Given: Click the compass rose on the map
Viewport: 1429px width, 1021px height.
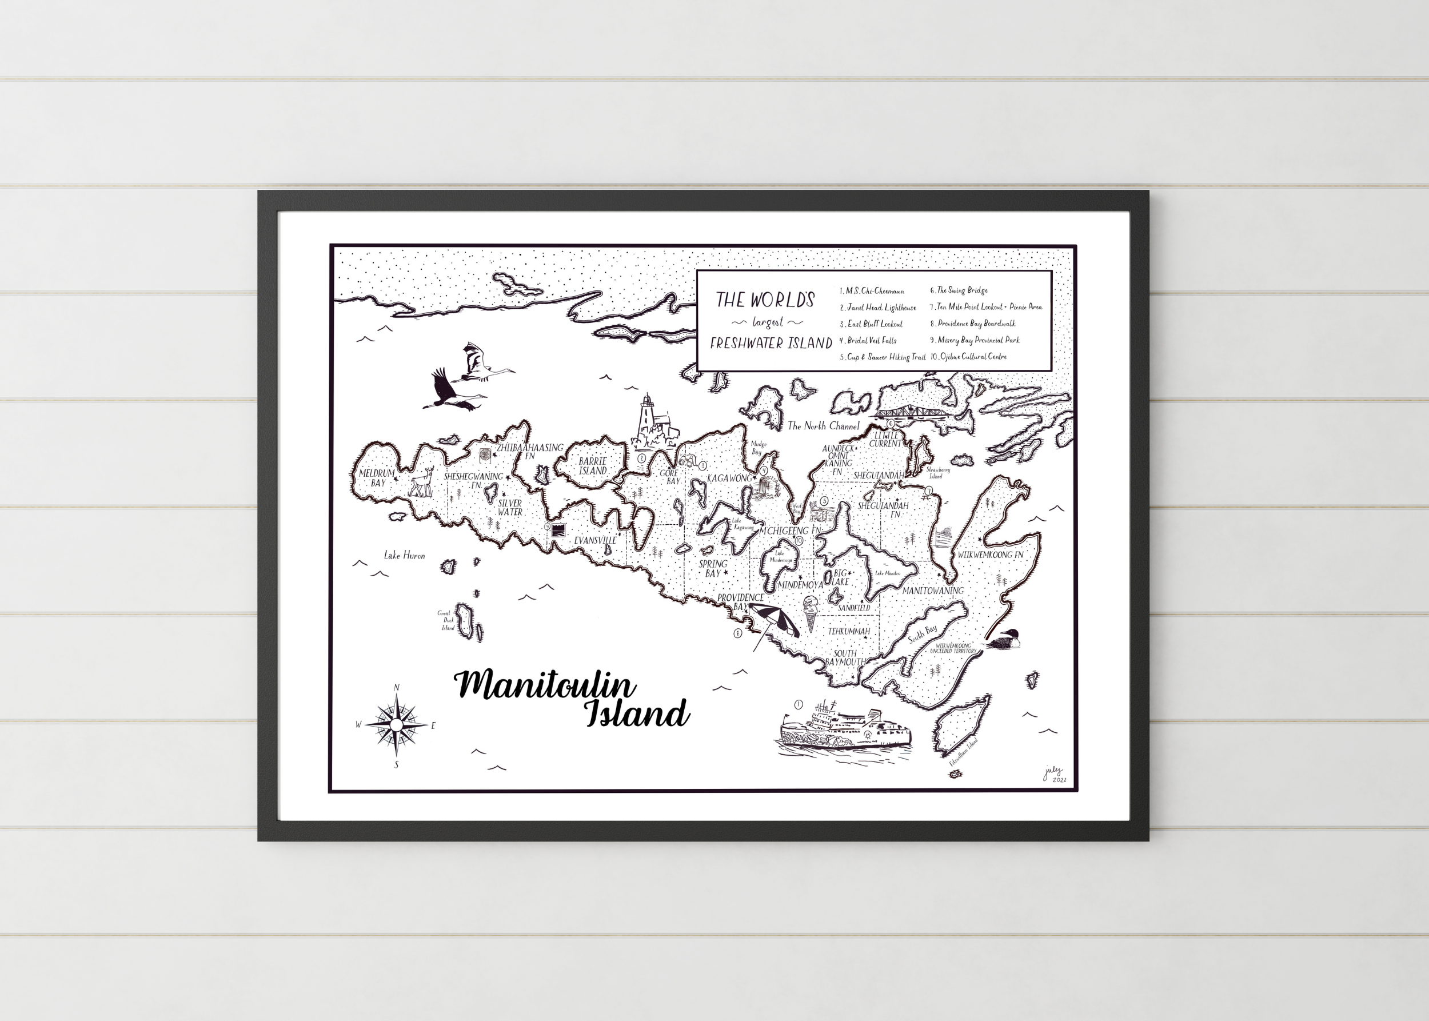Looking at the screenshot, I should tap(396, 725).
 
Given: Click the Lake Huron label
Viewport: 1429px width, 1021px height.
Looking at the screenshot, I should tap(404, 555).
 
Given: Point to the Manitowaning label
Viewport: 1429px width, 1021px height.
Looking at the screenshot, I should tap(932, 591).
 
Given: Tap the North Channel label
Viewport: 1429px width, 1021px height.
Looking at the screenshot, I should tap(823, 426).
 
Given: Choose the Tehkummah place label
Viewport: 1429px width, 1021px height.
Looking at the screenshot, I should tap(849, 631).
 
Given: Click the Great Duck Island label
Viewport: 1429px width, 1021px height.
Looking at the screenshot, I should tap(446, 620).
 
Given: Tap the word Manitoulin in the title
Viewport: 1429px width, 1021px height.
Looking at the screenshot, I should tap(544, 685).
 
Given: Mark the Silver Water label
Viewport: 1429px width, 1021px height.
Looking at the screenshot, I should tap(510, 508).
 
